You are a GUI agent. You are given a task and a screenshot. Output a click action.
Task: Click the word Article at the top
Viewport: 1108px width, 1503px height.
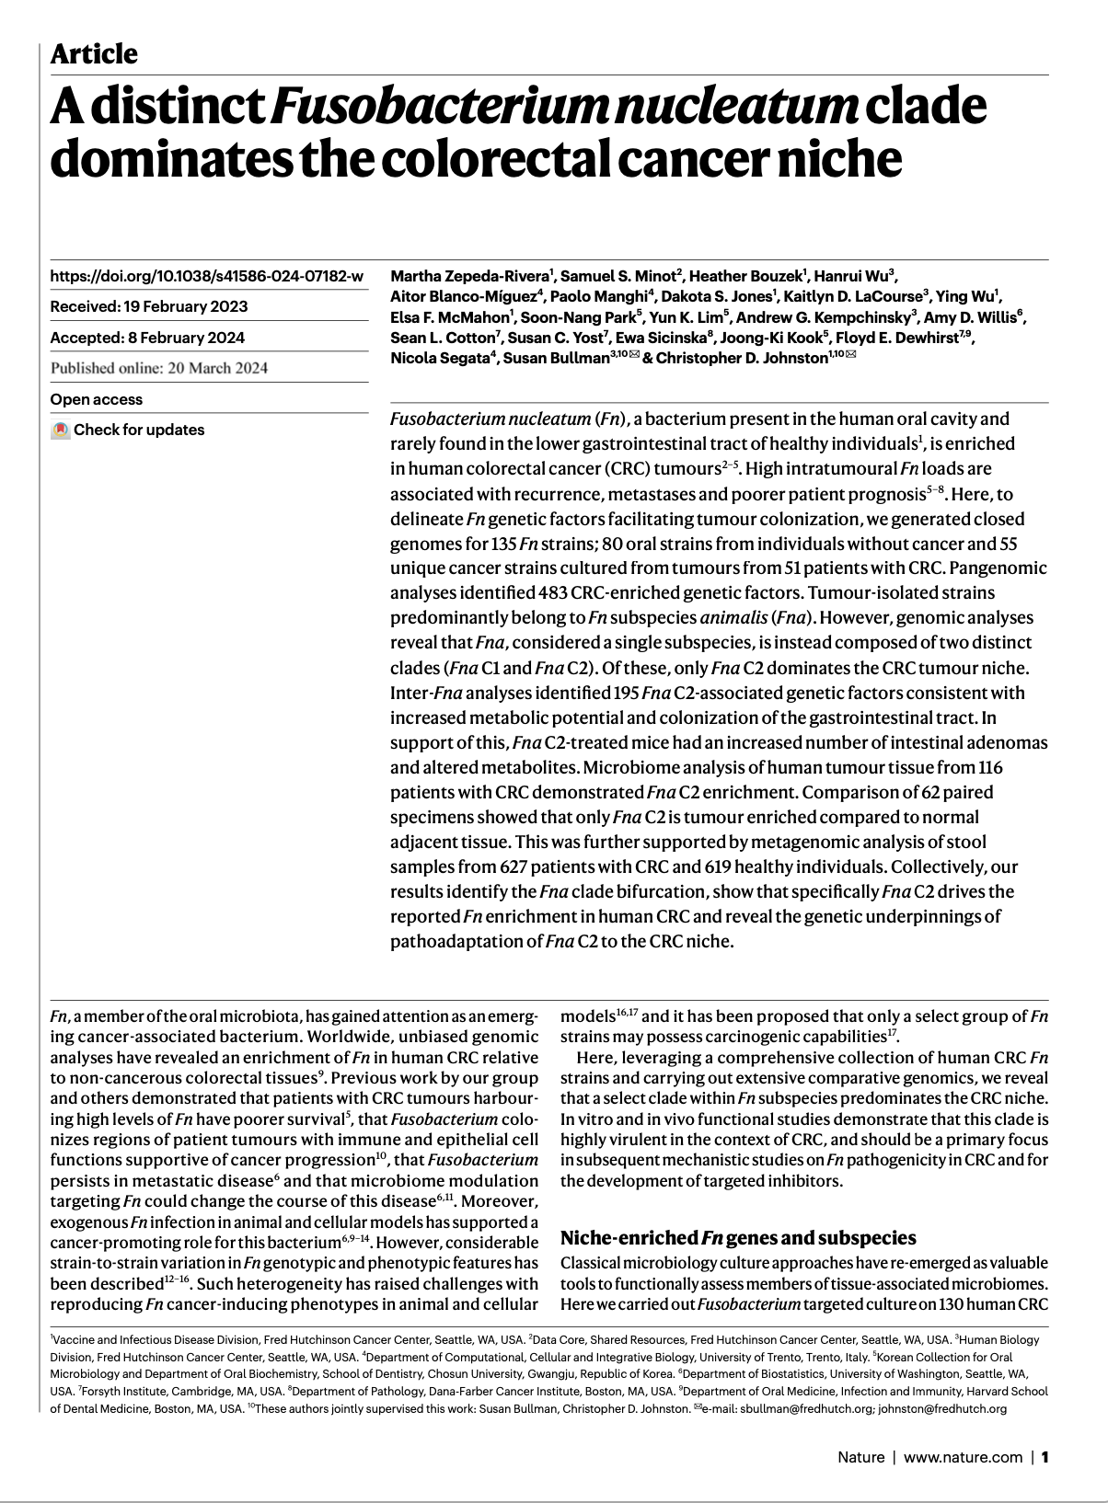click(94, 54)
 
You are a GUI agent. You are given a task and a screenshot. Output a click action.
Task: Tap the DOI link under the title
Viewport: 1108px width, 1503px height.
click(206, 276)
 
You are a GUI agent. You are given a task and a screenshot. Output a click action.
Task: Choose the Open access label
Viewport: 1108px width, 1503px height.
click(97, 399)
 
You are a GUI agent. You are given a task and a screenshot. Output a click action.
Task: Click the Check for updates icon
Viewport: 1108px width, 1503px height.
click(60, 430)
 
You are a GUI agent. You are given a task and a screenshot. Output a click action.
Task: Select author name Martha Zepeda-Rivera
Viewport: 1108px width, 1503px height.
click(470, 276)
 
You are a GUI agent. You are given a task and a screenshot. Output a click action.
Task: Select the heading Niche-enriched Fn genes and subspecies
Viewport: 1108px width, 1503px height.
click(738, 1238)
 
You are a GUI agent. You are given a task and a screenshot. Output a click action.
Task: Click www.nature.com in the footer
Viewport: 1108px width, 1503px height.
click(963, 1457)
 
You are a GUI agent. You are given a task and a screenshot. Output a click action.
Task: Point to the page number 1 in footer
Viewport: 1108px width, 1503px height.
click(1045, 1457)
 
